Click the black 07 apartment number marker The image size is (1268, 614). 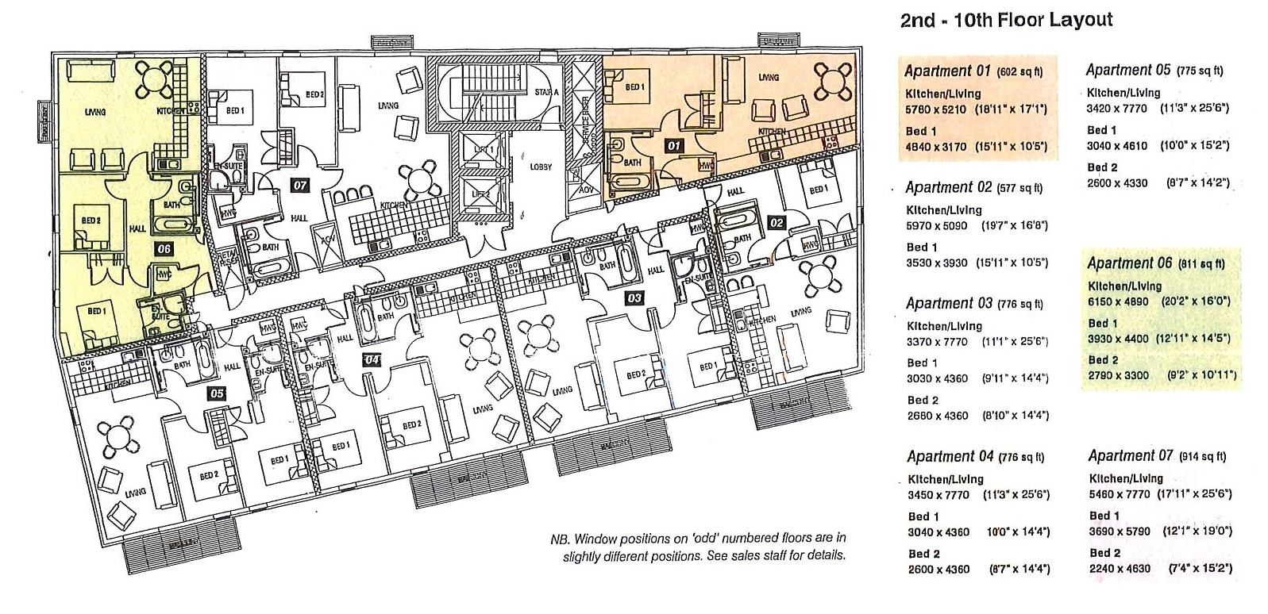tap(300, 186)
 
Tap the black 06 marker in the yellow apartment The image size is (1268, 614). tap(164, 248)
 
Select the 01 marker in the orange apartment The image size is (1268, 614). tap(673, 146)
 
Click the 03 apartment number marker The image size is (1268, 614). tap(634, 297)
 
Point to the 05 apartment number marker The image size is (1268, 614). tap(216, 392)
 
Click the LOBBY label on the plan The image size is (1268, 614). tap(541, 167)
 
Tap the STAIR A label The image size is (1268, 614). tap(545, 93)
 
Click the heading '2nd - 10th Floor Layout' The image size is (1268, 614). tap(1006, 21)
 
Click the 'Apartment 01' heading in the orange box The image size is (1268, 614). tap(949, 71)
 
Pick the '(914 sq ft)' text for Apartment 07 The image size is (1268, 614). tap(1203, 456)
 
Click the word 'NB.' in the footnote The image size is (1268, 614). tap(561, 539)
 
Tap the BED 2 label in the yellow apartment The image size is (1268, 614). tap(90, 221)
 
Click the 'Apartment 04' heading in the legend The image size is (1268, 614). tap(950, 457)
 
